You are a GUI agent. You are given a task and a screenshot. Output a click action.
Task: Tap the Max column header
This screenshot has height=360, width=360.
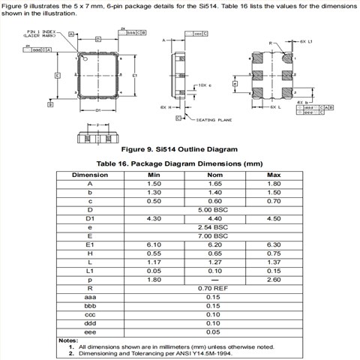point(274,175)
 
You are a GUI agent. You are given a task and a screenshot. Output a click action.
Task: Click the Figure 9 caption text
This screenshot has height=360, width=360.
point(179,148)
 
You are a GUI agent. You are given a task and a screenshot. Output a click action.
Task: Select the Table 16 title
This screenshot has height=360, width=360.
point(179,163)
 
